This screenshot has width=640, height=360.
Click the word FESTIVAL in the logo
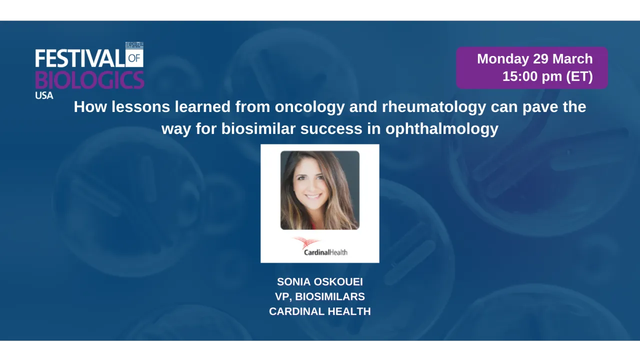79,58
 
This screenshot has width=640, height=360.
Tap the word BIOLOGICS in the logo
89,80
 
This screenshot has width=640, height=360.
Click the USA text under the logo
44,95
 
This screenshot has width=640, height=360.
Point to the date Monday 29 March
534,59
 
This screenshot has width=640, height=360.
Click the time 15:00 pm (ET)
547,76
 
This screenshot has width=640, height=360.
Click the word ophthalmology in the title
441,129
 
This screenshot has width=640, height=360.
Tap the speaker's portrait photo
319,190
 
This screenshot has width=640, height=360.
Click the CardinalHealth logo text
325,252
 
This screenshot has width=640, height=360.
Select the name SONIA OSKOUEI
320,282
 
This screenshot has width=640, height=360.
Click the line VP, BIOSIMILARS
320,296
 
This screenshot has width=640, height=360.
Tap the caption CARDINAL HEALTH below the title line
320,311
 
